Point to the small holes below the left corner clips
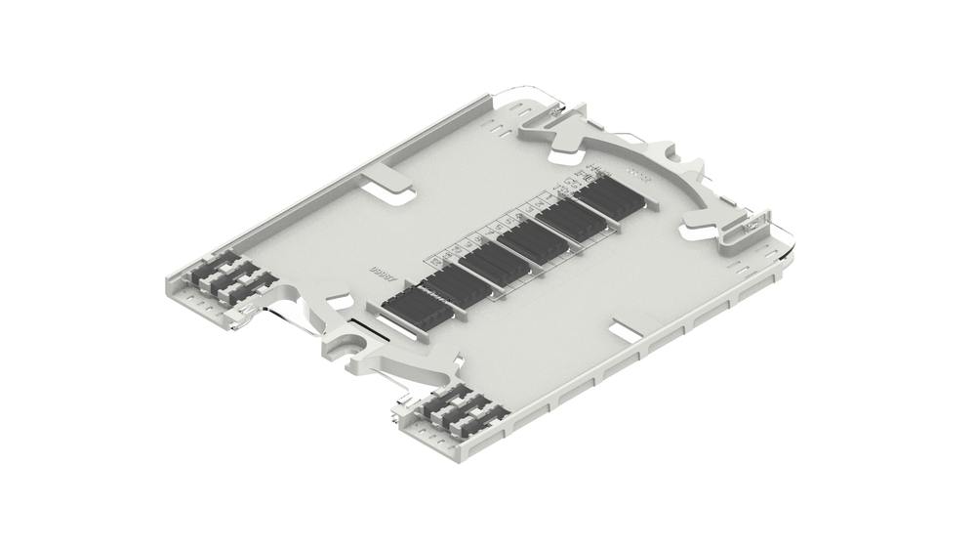[200, 303]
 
